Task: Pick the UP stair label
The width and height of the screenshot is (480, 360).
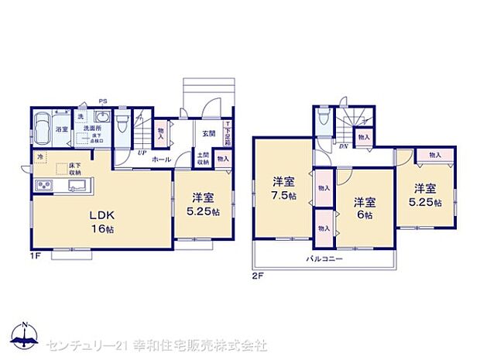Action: [x=142, y=153]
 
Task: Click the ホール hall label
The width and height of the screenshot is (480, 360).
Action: [x=162, y=159]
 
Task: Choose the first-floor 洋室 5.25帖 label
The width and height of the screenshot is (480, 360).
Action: [x=203, y=203]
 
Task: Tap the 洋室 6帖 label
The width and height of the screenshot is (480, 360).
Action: [x=365, y=207]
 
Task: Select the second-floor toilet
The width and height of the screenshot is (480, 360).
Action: [x=324, y=122]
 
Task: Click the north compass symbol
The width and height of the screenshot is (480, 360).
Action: [x=26, y=336]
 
